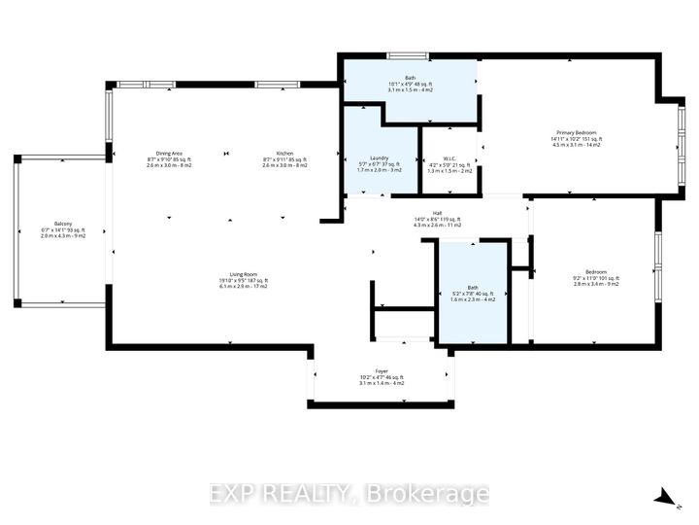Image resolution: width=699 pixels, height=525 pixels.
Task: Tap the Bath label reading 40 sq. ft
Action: coord(472,288)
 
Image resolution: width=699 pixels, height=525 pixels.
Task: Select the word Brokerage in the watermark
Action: coord(435,495)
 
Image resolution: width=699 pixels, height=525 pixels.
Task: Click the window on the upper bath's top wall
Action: coord(409,54)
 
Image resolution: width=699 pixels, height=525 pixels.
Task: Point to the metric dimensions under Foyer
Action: coord(381,383)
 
